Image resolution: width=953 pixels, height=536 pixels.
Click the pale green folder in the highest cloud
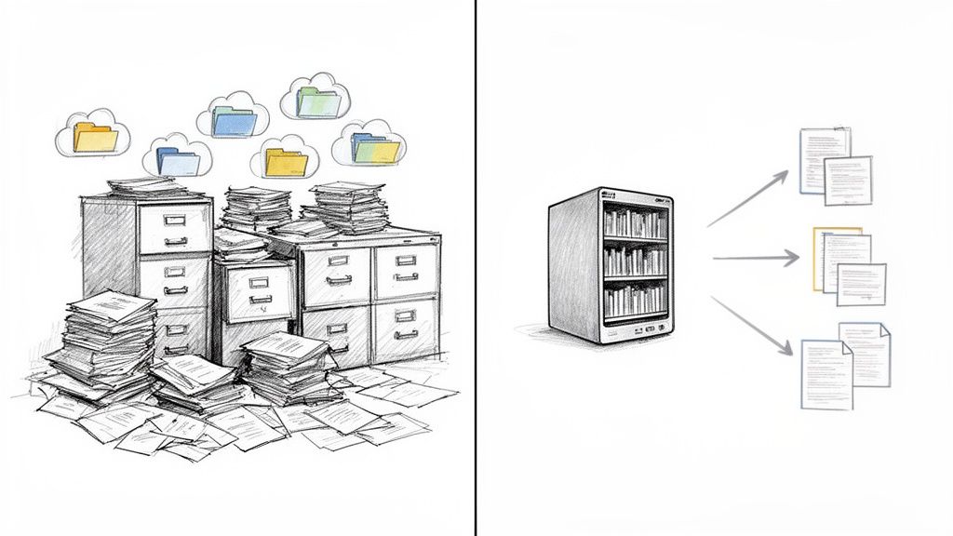(318, 101)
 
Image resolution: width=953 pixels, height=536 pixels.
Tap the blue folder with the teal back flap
(233, 122)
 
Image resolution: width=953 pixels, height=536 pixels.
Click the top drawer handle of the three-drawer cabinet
(175, 221)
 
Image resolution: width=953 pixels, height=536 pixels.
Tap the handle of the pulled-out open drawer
(260, 300)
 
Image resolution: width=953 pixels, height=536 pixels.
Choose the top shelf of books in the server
(635, 222)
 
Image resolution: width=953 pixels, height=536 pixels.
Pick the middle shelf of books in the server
(635, 261)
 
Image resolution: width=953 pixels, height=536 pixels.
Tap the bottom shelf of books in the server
(635, 299)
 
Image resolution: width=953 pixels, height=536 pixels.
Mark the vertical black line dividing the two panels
(476, 268)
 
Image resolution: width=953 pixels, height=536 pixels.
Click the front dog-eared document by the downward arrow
(826, 373)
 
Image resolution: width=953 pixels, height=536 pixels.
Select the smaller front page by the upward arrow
(848, 180)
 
